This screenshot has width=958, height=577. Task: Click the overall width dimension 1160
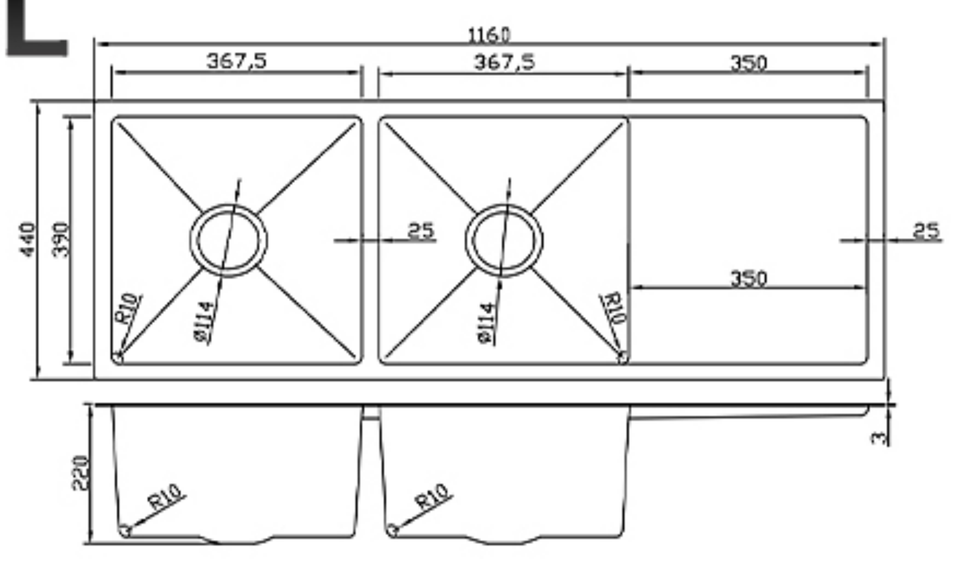(x=489, y=36)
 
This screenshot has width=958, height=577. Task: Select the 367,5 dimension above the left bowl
(x=236, y=61)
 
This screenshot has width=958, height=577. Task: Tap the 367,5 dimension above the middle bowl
(x=504, y=62)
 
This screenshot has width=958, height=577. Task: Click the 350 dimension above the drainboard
(x=748, y=63)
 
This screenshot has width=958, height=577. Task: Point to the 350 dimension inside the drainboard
(x=748, y=279)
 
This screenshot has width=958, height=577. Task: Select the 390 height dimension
(x=60, y=239)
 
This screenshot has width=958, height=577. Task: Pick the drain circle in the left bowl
(x=229, y=240)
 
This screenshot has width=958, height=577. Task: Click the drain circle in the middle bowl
(x=504, y=240)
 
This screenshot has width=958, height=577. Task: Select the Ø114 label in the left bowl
(x=204, y=322)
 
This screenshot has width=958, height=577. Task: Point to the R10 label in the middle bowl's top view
(x=614, y=308)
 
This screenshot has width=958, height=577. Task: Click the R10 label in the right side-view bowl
(x=432, y=496)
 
